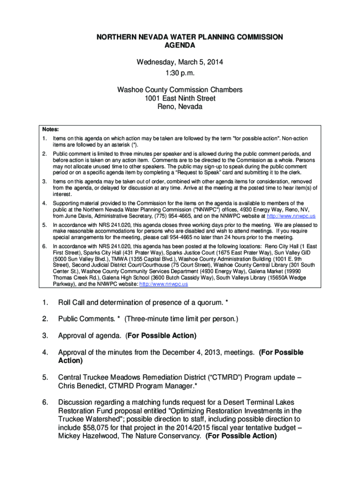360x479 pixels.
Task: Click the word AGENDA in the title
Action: click(180, 45)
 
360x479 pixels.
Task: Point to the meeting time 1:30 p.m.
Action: click(180, 73)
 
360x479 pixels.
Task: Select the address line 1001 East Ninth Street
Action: click(180, 98)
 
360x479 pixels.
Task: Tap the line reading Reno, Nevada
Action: click(180, 107)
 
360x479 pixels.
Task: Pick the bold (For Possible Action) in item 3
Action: click(161, 336)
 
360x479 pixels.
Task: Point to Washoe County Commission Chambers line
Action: click(180, 90)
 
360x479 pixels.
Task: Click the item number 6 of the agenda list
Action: click(45, 402)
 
